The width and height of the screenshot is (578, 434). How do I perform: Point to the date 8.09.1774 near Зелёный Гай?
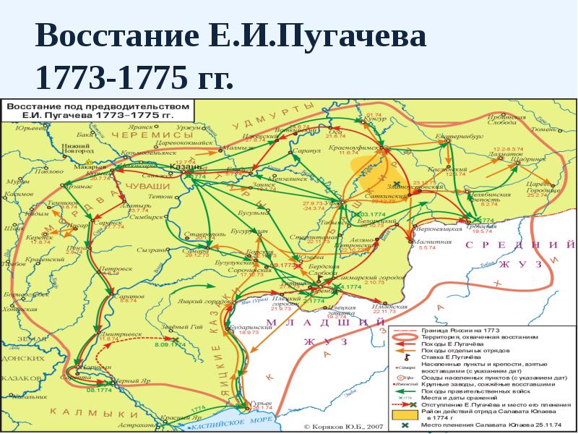171,344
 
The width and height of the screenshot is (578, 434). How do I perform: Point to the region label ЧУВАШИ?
150,187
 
